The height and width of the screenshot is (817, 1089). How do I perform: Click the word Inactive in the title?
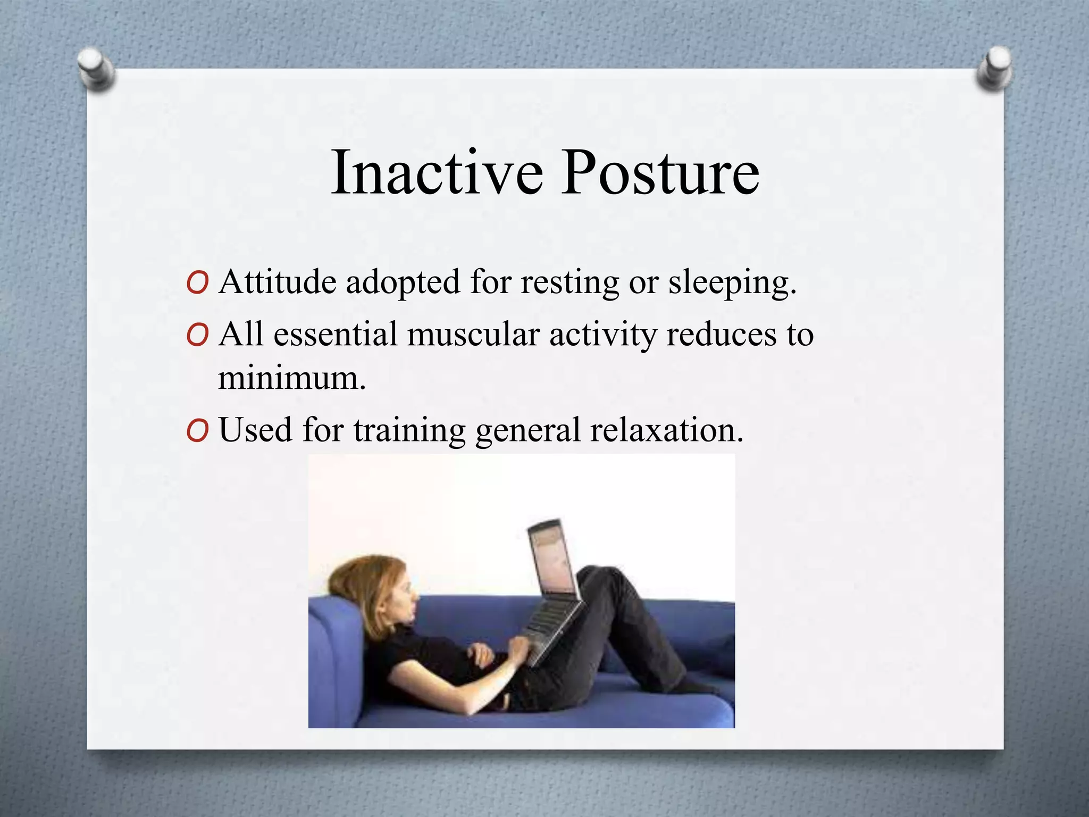pos(436,173)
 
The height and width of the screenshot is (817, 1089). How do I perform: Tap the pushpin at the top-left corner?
pos(95,69)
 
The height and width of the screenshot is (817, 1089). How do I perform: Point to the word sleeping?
pos(732,283)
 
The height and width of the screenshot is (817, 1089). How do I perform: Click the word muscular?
pos(473,335)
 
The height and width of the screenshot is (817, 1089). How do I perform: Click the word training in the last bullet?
pos(409,431)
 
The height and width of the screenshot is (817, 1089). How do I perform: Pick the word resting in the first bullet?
pos(569,283)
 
